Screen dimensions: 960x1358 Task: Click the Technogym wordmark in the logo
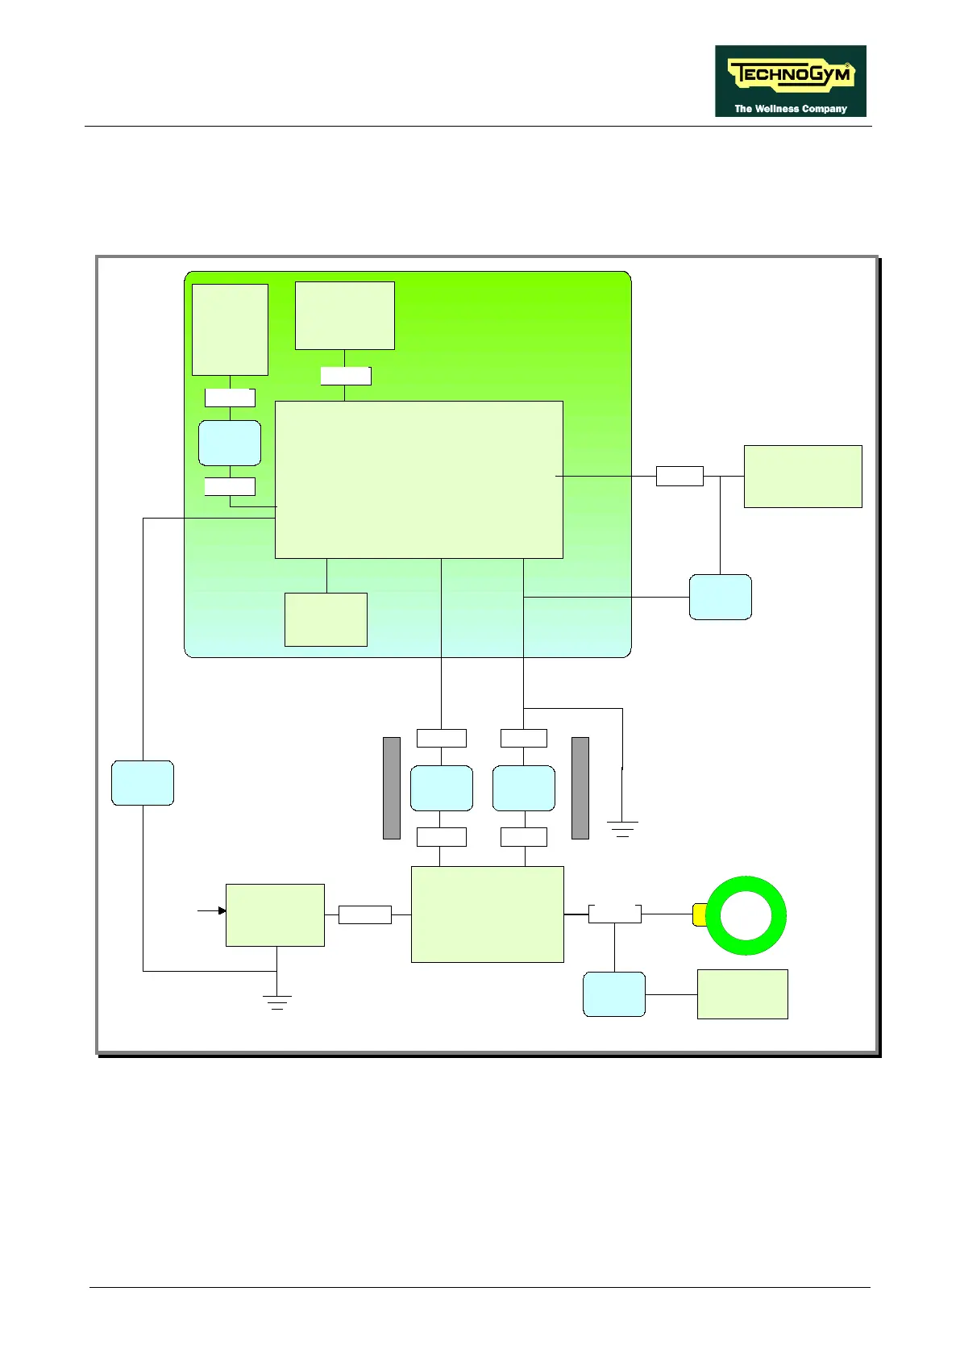tap(790, 75)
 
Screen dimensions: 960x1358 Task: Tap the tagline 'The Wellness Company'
tap(790, 108)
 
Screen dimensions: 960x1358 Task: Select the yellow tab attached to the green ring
tap(699, 914)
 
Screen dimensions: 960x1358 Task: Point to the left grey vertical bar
tap(392, 788)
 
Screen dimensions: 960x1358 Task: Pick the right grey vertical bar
tap(580, 788)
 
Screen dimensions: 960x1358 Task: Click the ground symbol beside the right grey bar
tap(622, 828)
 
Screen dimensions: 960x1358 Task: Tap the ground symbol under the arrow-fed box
tap(276, 1002)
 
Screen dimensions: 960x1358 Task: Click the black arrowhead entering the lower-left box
tap(222, 911)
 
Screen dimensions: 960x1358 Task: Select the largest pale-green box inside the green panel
tap(418, 479)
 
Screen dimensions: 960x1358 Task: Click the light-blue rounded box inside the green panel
tap(230, 443)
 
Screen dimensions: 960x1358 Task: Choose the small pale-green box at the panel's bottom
tap(326, 619)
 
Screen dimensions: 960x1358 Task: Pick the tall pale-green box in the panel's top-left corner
tap(230, 329)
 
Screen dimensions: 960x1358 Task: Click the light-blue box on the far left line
tap(143, 782)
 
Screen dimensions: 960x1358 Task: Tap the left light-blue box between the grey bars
tap(441, 788)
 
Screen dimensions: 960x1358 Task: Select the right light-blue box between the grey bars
tap(524, 788)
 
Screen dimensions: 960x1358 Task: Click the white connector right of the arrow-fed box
tap(364, 914)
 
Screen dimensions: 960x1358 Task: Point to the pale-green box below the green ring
tap(742, 994)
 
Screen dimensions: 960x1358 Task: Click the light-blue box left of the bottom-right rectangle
tap(613, 994)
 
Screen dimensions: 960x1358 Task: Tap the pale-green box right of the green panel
tap(803, 476)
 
